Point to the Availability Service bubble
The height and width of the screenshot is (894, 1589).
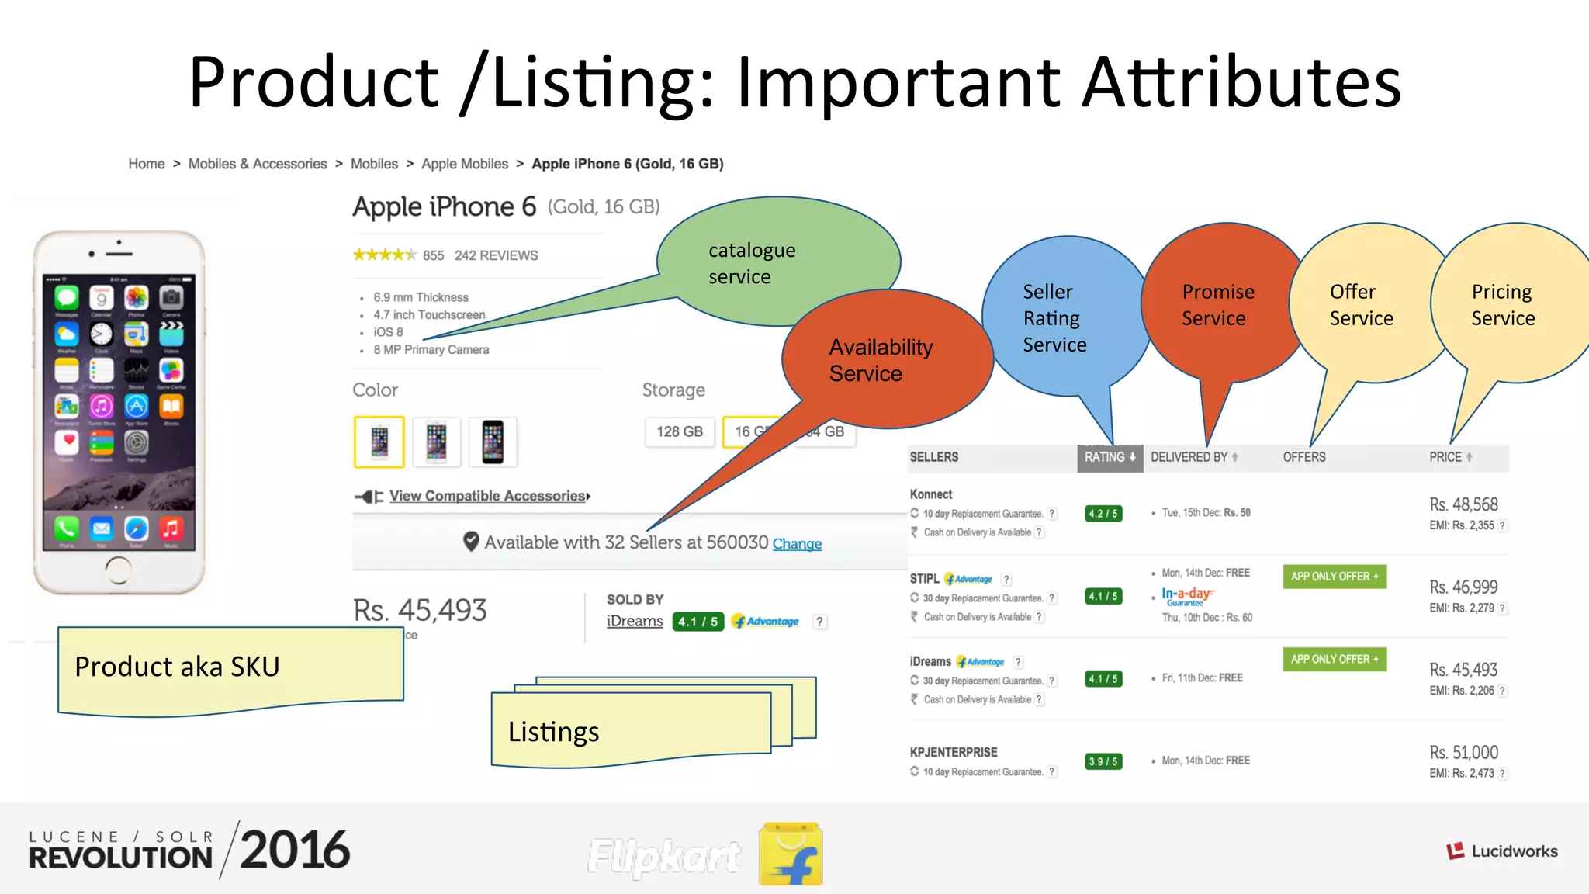click(x=881, y=360)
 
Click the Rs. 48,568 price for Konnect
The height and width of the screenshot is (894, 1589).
click(x=1463, y=504)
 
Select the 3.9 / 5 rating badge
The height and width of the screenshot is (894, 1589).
click(x=1103, y=761)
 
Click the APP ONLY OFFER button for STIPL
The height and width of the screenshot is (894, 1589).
click(x=1334, y=577)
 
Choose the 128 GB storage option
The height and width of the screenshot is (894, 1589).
click(x=680, y=431)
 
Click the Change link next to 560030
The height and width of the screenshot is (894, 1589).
click(x=797, y=544)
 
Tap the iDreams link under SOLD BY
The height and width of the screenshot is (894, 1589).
click(x=635, y=622)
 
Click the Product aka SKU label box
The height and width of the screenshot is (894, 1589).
click(x=230, y=667)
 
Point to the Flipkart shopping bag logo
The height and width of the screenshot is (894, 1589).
click(x=791, y=854)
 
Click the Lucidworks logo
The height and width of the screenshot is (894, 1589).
click(x=1501, y=851)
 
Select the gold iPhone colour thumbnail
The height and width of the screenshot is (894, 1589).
click(x=379, y=442)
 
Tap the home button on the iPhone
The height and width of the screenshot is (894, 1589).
click(x=118, y=570)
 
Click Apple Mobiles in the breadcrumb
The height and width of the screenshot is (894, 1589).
click(x=465, y=164)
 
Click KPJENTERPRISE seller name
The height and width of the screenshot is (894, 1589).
click(x=954, y=752)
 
